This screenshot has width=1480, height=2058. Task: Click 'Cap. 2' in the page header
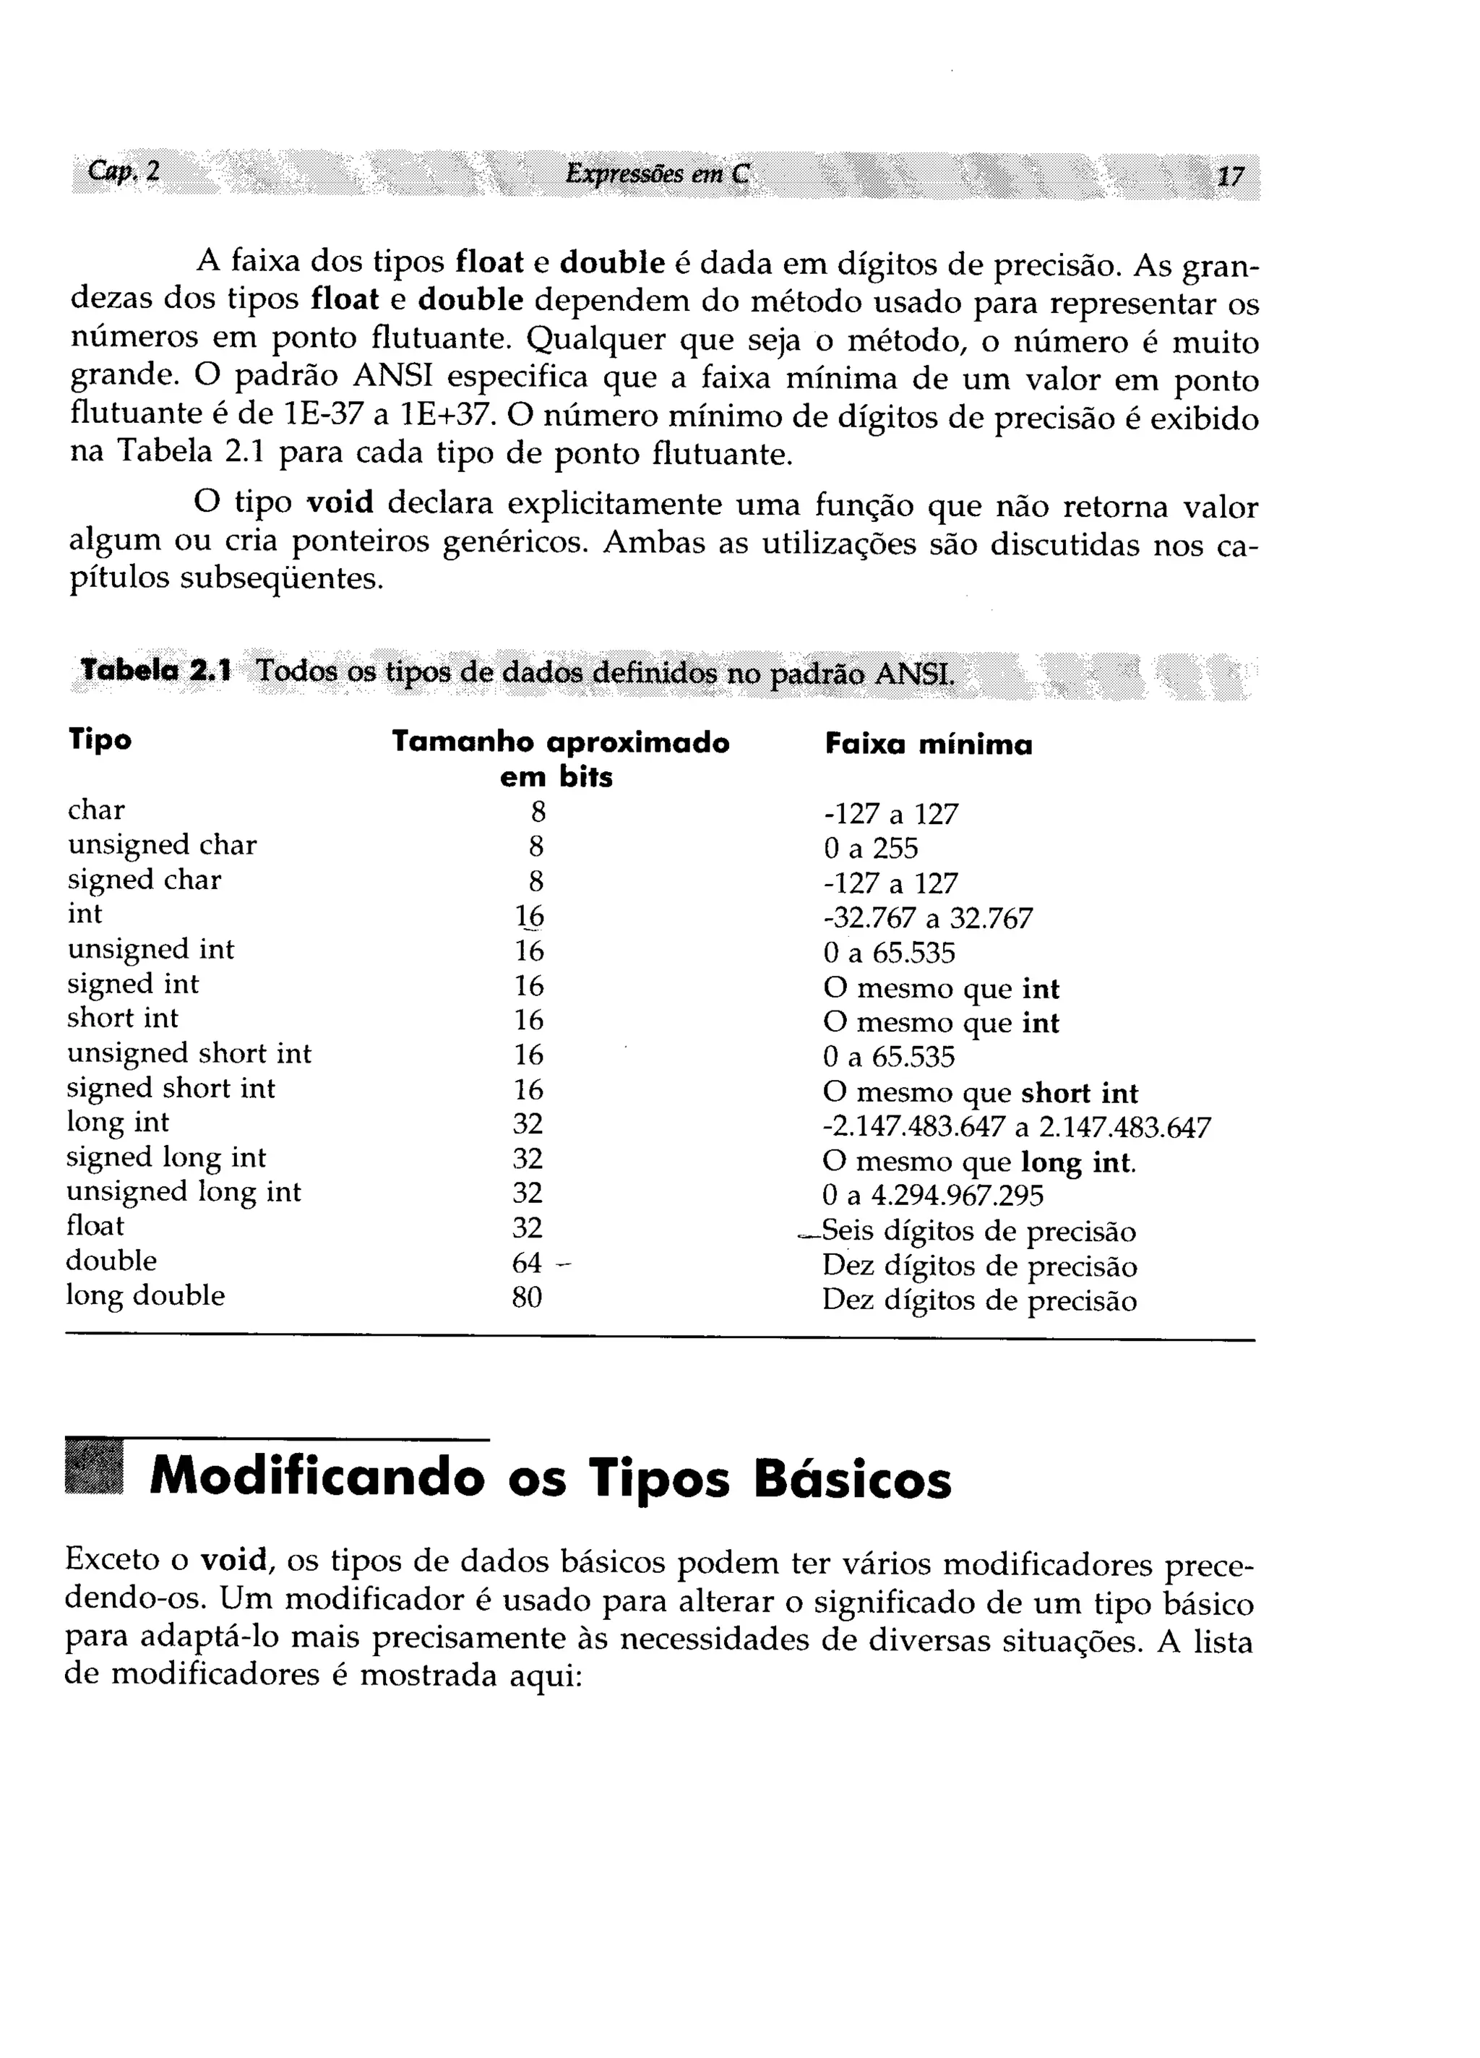[x=124, y=171]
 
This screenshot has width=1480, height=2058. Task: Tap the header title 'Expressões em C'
[x=657, y=173]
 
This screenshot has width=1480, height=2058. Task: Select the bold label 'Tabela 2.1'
[x=156, y=672]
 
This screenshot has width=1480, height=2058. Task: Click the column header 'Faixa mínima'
[x=929, y=745]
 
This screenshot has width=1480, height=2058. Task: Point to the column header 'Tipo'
[x=100, y=739]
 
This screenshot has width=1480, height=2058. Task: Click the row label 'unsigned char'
[x=162, y=845]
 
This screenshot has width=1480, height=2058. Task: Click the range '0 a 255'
[x=870, y=849]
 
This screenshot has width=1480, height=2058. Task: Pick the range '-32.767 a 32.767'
[x=927, y=918]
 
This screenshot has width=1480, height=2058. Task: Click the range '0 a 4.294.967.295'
[x=933, y=1196]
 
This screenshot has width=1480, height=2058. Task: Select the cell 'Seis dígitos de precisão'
[x=978, y=1231]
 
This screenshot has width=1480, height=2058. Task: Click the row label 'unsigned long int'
[x=184, y=1191]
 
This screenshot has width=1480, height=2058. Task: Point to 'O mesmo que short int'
[x=980, y=1092]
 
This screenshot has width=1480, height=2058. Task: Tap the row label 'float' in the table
[x=95, y=1226]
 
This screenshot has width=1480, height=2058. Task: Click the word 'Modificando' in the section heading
[x=317, y=1478]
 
